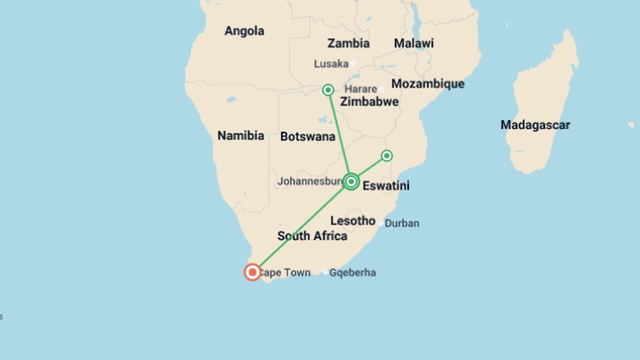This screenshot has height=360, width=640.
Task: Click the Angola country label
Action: [x=244, y=31]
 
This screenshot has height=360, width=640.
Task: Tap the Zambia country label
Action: [x=348, y=43]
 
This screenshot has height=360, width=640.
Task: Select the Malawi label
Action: [x=414, y=43]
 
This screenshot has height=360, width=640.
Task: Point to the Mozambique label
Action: [x=428, y=84]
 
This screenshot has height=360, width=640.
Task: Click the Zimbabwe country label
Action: [x=369, y=102]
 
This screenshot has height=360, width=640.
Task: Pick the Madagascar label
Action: [x=535, y=125]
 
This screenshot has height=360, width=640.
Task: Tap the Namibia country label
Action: [x=241, y=136]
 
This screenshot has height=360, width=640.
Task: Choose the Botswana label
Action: [x=307, y=137]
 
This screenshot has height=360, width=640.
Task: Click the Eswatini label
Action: [x=386, y=186]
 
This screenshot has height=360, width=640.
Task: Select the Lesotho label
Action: [x=353, y=221]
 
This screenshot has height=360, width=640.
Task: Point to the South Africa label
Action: [x=312, y=236]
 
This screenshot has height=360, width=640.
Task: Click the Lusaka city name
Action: [x=331, y=64]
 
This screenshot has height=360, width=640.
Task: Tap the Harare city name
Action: [x=360, y=89]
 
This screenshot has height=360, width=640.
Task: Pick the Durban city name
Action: [x=402, y=223]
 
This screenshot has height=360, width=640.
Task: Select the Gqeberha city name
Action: [x=352, y=273]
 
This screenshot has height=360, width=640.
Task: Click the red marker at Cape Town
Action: [x=252, y=272]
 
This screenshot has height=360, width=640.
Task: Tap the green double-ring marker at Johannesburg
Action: [x=351, y=182]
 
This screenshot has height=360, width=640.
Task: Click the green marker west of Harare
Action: [x=328, y=90]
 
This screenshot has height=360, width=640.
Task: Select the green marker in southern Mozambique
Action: [x=387, y=156]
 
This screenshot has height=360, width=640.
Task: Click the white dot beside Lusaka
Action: [x=353, y=63]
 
